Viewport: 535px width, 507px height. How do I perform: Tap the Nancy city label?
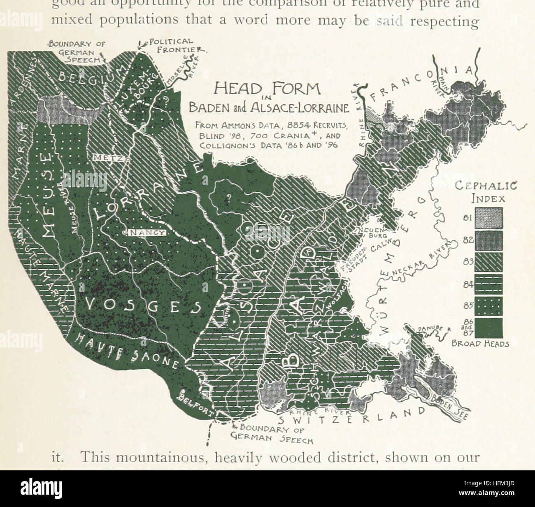pyautogui.click(x=147, y=233)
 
